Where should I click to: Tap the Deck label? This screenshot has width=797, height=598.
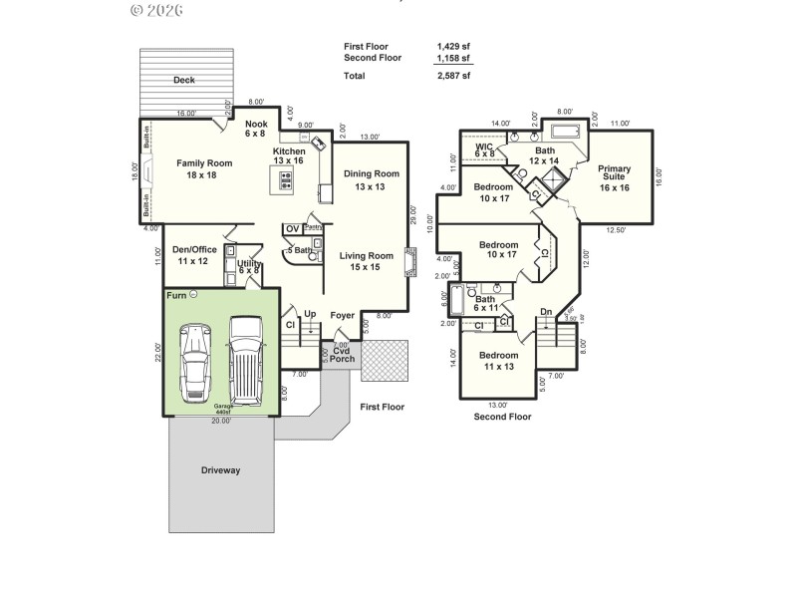(183, 80)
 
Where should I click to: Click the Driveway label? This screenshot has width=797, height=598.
(221, 469)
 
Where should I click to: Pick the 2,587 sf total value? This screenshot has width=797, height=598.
(453, 76)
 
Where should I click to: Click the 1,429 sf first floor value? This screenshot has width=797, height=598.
(453, 47)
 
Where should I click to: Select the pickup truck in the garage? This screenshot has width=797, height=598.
(244, 357)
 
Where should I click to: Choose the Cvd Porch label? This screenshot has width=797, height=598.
(342, 354)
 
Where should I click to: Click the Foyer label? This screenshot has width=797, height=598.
(343, 314)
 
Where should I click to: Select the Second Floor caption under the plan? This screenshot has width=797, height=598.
(502, 417)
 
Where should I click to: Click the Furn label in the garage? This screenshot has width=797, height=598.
(176, 295)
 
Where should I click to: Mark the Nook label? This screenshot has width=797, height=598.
(256, 128)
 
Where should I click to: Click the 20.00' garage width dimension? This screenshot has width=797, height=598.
(221, 421)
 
